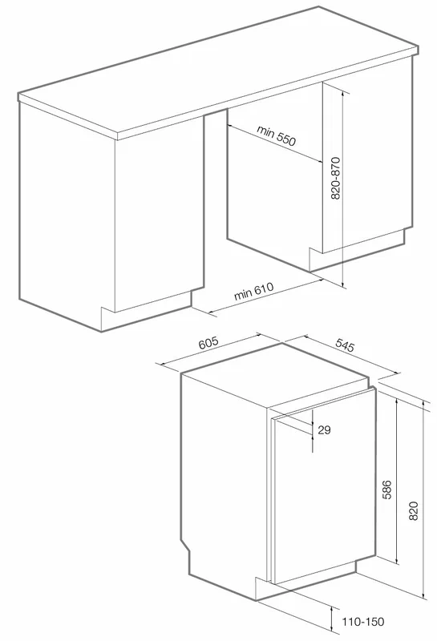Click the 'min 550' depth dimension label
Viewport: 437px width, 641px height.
[x=276, y=135]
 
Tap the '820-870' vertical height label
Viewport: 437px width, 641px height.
[x=335, y=178]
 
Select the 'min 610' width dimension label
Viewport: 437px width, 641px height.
[x=253, y=292]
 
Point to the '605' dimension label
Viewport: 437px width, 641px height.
[x=209, y=342]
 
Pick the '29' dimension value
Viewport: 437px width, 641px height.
[x=324, y=429]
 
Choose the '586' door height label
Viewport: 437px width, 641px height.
[x=386, y=490]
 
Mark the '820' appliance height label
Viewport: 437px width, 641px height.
[x=414, y=510]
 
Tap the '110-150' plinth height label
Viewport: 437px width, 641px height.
[x=363, y=622]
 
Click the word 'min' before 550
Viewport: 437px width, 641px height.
[x=265, y=131]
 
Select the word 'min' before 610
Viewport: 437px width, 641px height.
[x=242, y=294]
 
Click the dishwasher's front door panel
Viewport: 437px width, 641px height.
[x=324, y=486]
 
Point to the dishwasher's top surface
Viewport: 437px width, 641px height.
[x=275, y=375]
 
